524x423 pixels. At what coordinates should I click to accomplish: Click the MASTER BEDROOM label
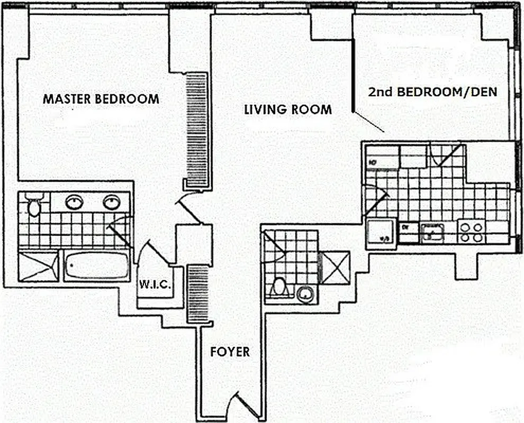coord(101,99)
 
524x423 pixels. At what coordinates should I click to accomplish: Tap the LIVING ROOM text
coord(287,109)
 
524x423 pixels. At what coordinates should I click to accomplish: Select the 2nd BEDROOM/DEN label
coord(432,91)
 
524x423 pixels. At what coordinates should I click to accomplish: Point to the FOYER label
coord(230,352)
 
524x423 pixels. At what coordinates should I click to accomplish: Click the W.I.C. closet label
coord(155,285)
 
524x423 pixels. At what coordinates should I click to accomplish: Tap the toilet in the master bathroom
coord(34,206)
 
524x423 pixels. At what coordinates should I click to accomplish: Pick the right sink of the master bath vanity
coord(111,201)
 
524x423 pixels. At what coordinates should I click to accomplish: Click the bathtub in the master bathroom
coord(97,265)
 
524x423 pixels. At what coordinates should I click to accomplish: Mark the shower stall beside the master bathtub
coord(38,266)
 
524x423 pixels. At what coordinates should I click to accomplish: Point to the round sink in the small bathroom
coord(305,294)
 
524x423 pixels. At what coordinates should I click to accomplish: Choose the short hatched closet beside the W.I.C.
coord(199,293)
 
